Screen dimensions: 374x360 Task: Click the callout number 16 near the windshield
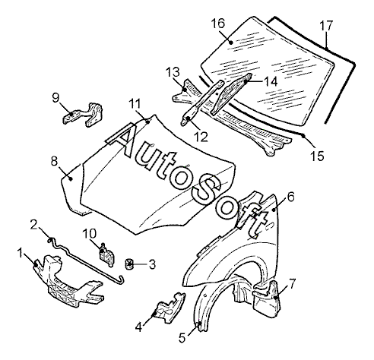(218, 24)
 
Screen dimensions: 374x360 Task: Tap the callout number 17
(326, 26)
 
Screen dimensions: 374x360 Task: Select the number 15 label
(317, 156)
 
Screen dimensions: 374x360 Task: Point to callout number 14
(271, 81)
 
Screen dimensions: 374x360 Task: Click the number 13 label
(173, 72)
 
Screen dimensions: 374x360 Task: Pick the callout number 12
(201, 137)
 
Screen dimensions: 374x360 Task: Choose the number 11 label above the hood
(135, 104)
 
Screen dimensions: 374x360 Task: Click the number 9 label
(55, 97)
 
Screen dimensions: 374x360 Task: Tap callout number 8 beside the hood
(54, 161)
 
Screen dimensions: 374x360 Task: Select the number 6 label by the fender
(291, 197)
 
